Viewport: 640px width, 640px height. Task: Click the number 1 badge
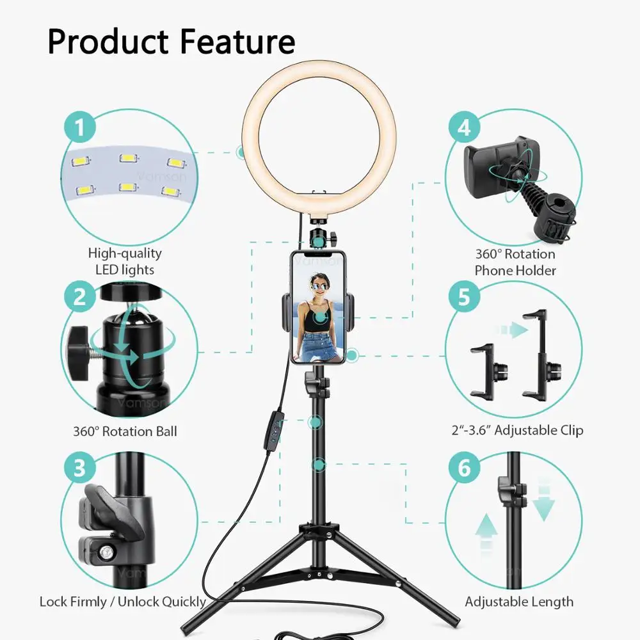(x=79, y=128)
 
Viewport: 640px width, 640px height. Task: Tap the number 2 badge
(x=79, y=297)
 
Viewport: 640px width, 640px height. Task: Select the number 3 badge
(x=79, y=468)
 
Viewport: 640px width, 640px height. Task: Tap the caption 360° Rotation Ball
(x=125, y=431)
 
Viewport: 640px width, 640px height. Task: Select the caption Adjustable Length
(x=519, y=602)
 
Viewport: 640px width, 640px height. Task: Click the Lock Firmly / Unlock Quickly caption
(x=122, y=602)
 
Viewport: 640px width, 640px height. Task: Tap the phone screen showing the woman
(x=318, y=307)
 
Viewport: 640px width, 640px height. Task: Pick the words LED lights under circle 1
(x=125, y=269)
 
